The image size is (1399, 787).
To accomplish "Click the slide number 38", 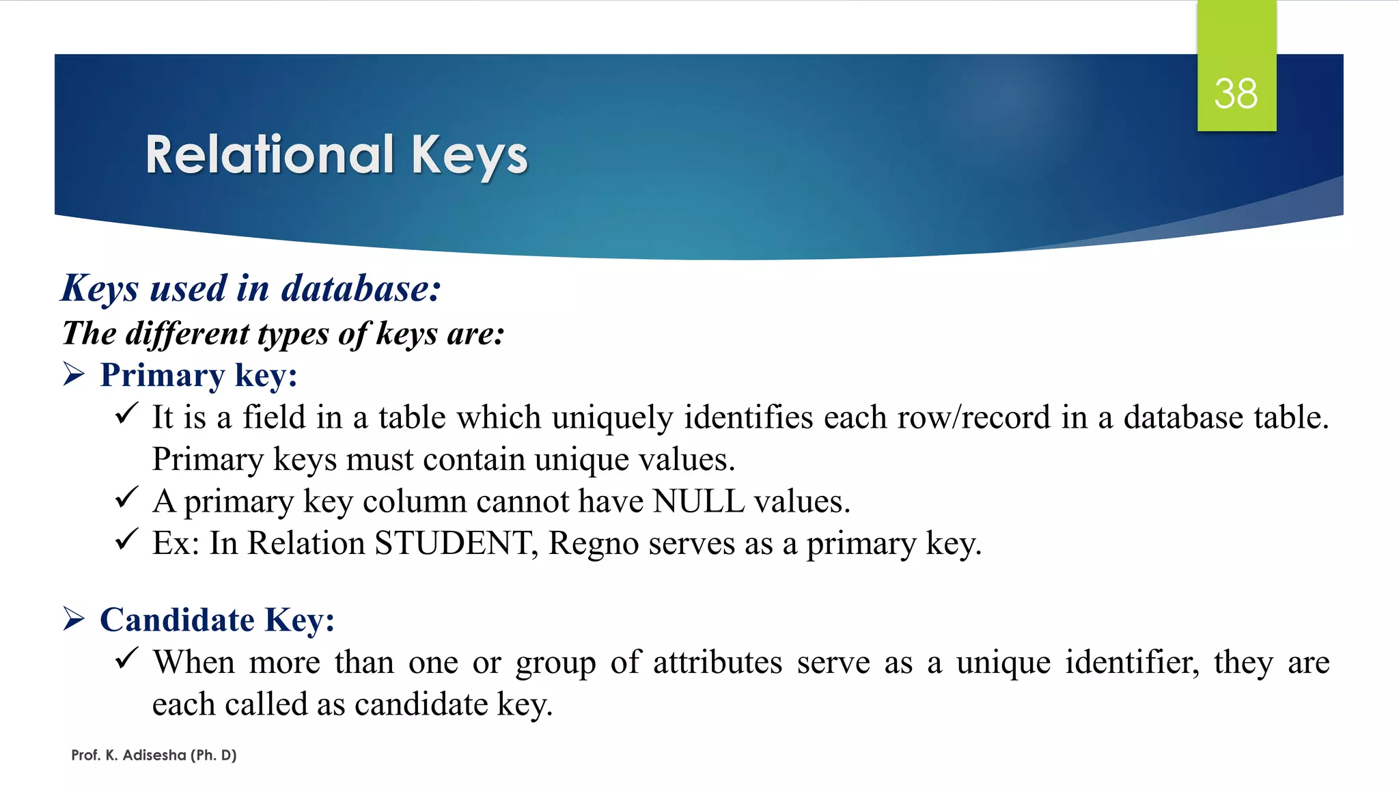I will (x=1236, y=94).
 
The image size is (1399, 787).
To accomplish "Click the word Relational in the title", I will (x=270, y=155).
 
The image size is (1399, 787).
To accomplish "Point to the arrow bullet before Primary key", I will (x=74, y=374).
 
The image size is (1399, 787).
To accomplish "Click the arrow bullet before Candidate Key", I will (x=74, y=619).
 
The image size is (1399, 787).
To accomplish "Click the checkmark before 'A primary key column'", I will (x=127, y=498).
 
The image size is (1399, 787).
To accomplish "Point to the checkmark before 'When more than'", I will (x=127, y=659).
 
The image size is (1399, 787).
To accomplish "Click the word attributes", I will (x=717, y=662).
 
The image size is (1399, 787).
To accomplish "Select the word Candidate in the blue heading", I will (x=177, y=620).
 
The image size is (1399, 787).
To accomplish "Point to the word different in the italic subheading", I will (x=188, y=333).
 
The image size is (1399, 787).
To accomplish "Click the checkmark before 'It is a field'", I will (x=127, y=413).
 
